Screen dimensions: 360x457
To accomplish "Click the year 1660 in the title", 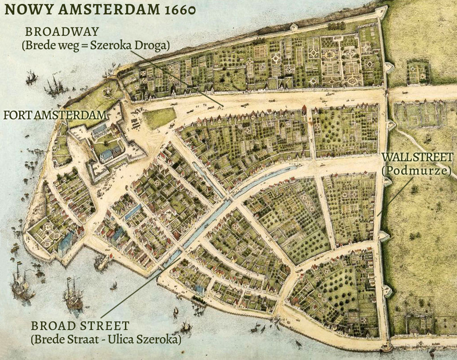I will [171, 11].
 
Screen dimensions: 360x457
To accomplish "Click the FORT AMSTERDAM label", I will [55, 115].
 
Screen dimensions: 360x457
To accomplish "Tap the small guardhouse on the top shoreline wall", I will [294, 27].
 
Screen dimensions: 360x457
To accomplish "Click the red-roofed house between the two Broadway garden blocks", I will [304, 110].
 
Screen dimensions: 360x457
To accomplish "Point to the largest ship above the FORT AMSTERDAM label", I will [55, 85].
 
